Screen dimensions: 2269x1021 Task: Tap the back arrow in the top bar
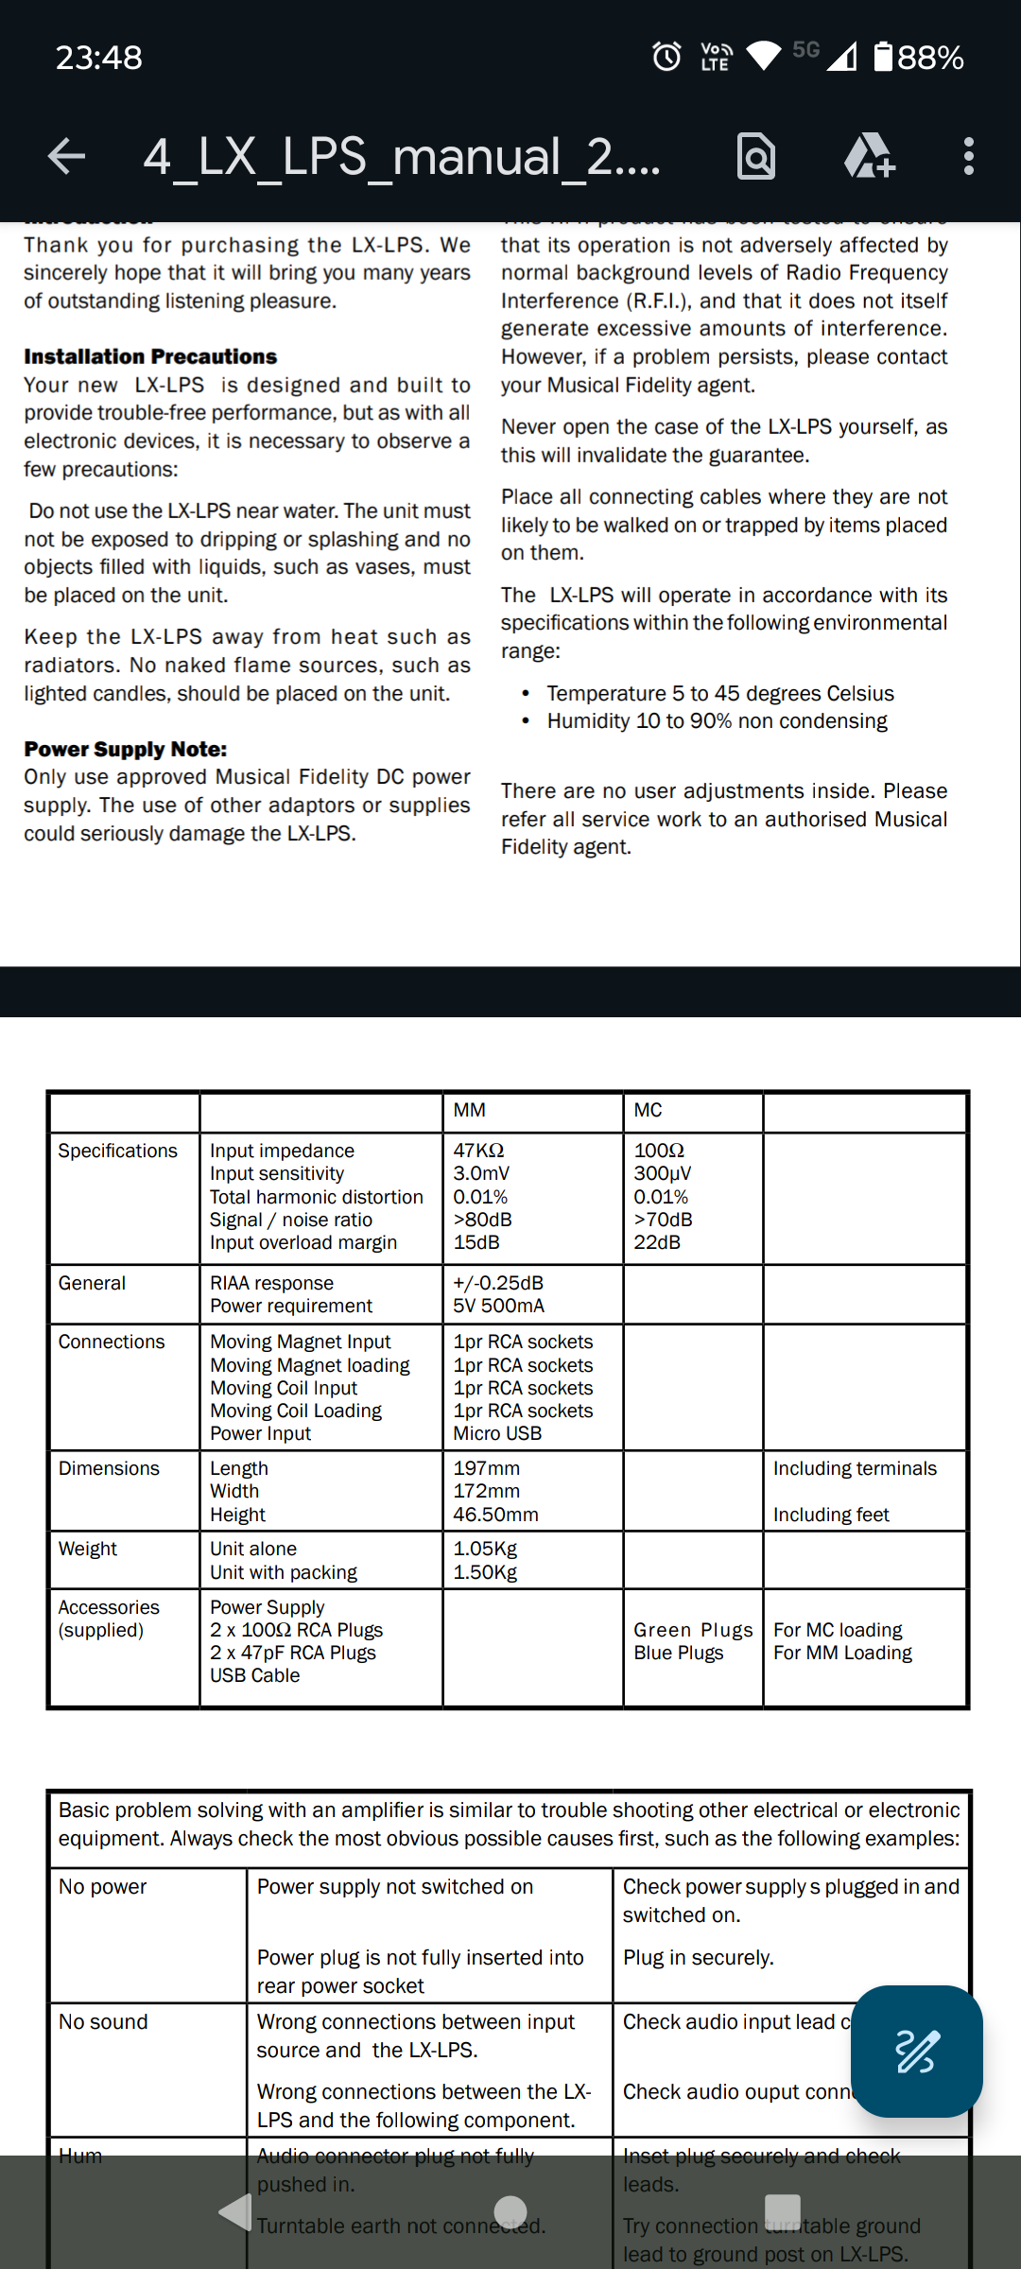[x=66, y=156]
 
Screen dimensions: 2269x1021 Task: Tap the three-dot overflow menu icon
[x=968, y=156]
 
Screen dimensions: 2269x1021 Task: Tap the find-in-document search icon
[x=756, y=156]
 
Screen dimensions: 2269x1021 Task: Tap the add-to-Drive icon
[x=869, y=156]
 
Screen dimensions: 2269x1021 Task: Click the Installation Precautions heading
[x=150, y=356]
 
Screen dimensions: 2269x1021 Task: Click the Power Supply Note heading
[x=126, y=749]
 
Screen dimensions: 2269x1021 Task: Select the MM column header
[x=470, y=1110]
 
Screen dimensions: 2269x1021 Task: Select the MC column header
[x=648, y=1110]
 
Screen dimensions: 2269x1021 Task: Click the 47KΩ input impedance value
[x=478, y=1151]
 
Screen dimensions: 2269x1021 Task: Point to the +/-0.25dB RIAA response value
[x=498, y=1283]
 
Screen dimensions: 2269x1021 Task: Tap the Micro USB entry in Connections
[x=497, y=1433]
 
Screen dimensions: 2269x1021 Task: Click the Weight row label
[x=88, y=1549]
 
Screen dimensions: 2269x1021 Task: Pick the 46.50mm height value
[x=495, y=1515]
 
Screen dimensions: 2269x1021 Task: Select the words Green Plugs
[x=693, y=1630]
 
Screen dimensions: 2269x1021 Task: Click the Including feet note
[x=831, y=1515]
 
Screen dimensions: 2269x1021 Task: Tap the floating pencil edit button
[x=916, y=2051]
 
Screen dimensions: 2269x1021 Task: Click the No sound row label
[x=103, y=2021]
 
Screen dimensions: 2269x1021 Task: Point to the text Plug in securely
[x=698, y=1957]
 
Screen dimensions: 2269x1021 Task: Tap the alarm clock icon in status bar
[x=666, y=57]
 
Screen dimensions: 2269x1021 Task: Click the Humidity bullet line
[x=717, y=720]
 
